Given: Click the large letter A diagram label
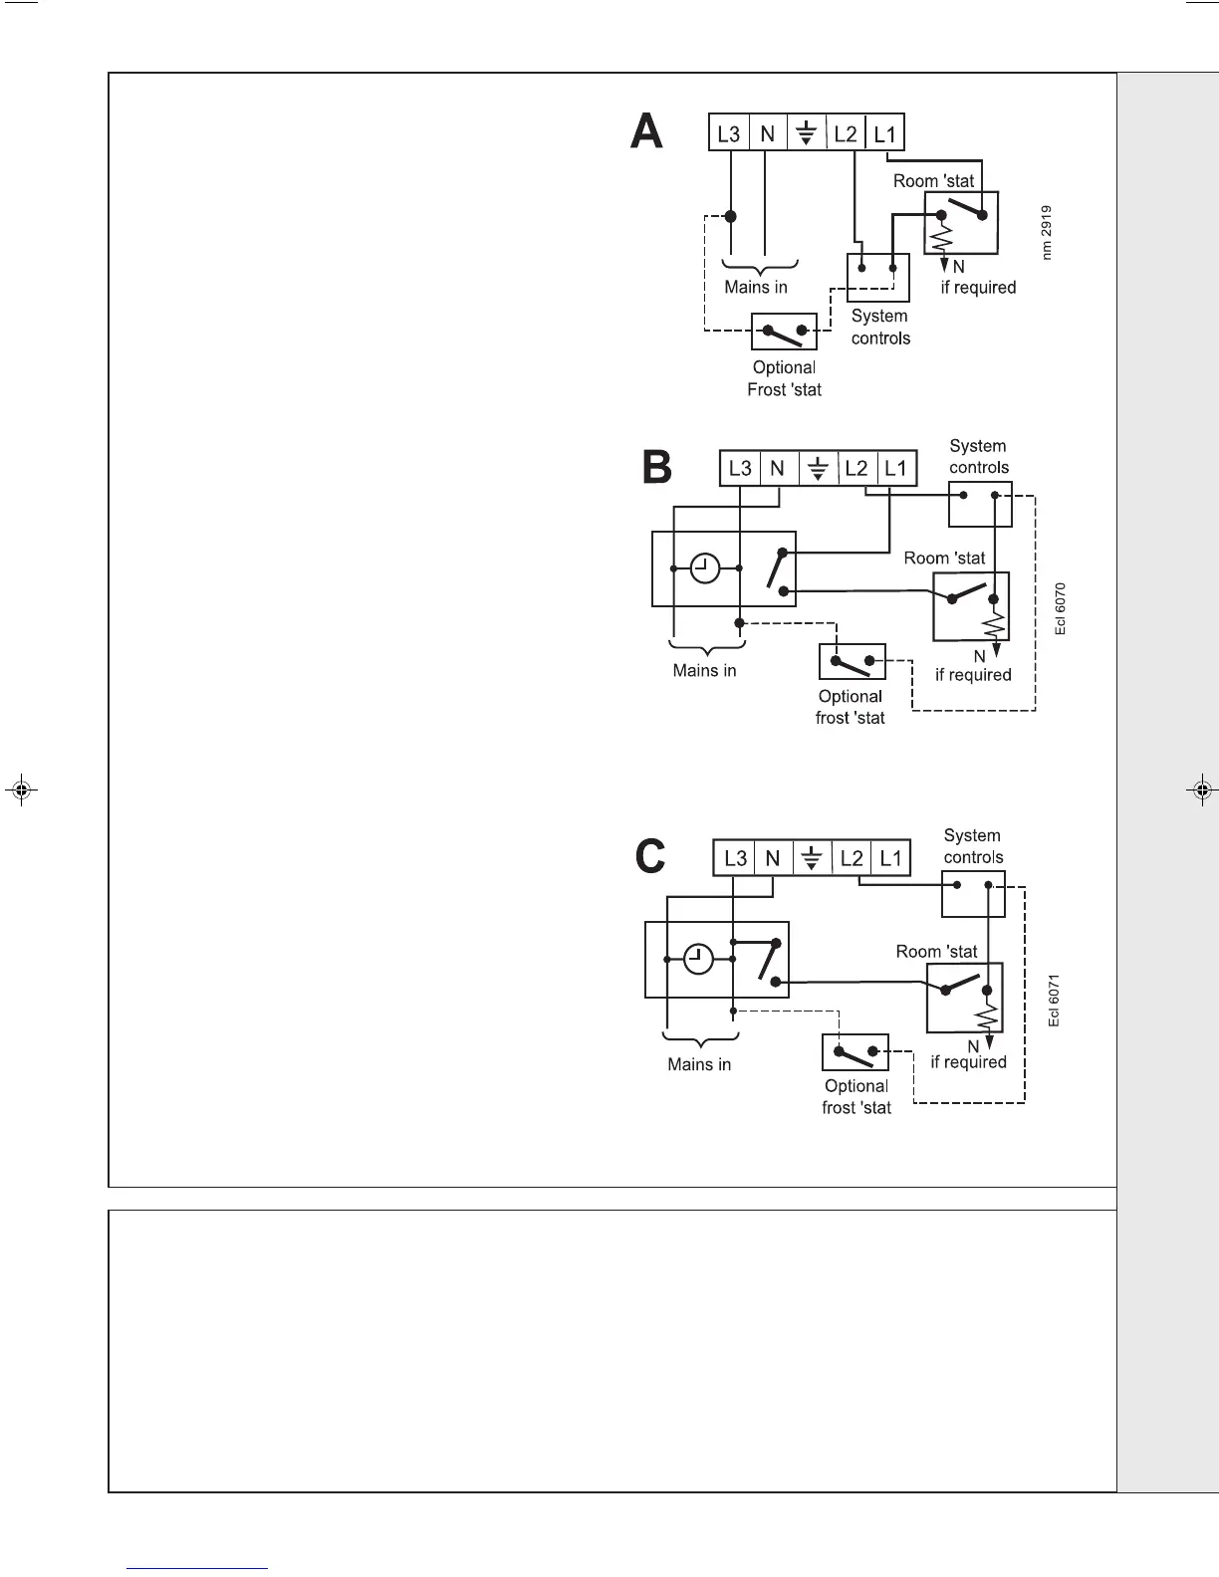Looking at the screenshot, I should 647,131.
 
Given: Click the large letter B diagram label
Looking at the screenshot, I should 657,467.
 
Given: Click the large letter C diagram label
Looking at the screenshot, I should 650,856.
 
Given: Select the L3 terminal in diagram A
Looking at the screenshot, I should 729,133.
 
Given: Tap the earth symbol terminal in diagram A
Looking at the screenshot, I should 807,133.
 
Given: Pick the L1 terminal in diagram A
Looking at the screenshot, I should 884,133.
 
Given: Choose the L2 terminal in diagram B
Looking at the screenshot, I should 856,468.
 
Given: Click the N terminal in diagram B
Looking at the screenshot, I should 778,468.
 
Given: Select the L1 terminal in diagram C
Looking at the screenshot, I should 890,858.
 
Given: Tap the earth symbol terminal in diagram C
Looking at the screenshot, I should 812,858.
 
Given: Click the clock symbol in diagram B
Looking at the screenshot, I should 705,568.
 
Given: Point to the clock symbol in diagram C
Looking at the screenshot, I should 699,960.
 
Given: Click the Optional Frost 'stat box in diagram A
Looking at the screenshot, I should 784,332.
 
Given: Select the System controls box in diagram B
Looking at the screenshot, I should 980,504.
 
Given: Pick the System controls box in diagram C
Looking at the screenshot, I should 973,894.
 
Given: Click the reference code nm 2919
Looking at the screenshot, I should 1047,233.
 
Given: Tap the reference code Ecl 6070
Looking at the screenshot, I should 1061,608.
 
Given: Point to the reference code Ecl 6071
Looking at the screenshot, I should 1054,1000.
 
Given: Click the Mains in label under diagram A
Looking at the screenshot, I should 756,287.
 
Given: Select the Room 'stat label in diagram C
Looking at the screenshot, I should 936,951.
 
